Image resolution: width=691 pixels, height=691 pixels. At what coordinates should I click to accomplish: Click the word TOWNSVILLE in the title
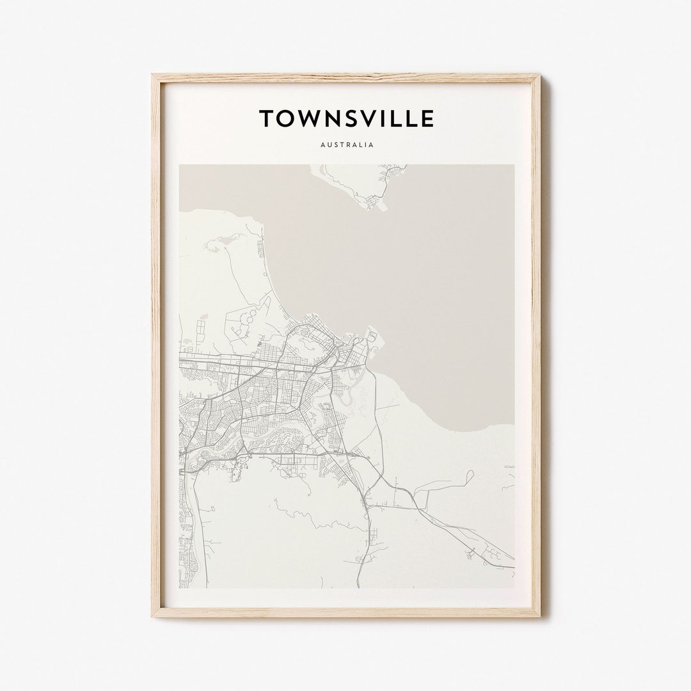[346, 118]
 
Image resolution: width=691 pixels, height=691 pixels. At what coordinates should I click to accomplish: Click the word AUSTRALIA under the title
[346, 145]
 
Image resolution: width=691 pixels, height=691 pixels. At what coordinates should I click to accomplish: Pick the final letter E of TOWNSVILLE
[427, 118]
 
